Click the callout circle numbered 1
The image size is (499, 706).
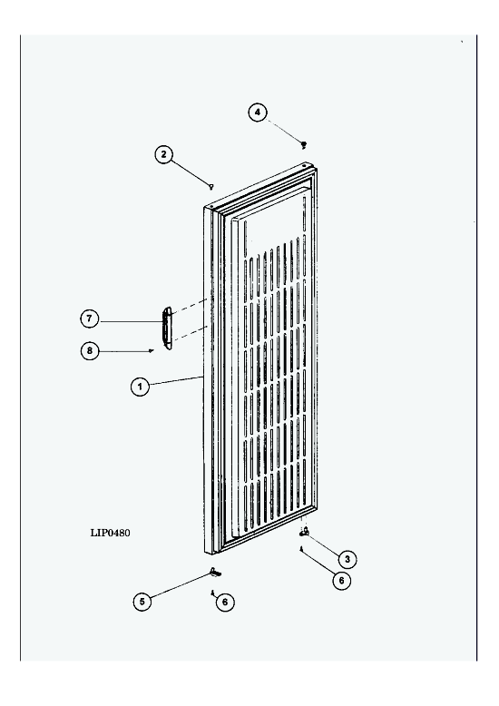click(x=140, y=387)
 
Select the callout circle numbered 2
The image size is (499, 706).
click(x=164, y=154)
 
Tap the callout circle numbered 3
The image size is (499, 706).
click(x=347, y=559)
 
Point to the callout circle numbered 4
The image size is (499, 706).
click(x=258, y=113)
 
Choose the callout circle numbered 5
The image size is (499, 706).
click(x=142, y=602)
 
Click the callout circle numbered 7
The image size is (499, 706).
click(x=90, y=319)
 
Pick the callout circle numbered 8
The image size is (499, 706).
click(x=90, y=350)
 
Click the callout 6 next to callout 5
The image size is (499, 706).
click(x=225, y=602)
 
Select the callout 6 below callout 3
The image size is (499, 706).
click(x=341, y=581)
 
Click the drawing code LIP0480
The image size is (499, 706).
click(x=111, y=533)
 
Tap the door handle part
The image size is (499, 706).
click(x=167, y=328)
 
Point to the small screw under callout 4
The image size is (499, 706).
click(x=304, y=144)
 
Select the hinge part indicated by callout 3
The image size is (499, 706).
click(x=305, y=532)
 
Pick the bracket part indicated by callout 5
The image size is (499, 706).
click(x=215, y=573)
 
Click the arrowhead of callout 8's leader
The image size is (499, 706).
click(x=152, y=350)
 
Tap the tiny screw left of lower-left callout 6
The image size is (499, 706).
click(x=211, y=593)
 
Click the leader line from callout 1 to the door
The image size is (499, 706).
click(x=176, y=381)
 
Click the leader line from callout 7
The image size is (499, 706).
click(x=131, y=321)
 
